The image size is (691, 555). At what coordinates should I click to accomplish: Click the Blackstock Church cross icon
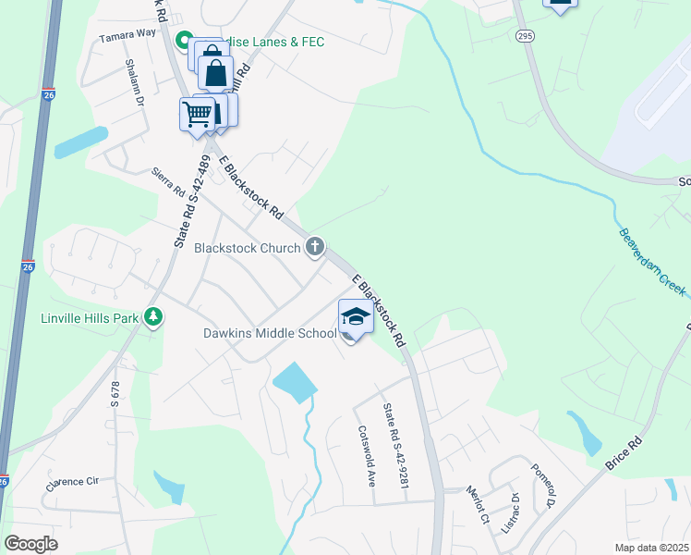(315, 247)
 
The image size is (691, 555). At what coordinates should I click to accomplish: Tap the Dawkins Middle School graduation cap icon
(356, 316)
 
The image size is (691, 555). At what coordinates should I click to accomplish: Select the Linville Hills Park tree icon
(153, 318)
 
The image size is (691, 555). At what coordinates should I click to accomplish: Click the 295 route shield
(525, 35)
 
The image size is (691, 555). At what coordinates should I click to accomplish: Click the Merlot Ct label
(478, 503)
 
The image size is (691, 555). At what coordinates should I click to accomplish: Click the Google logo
(30, 544)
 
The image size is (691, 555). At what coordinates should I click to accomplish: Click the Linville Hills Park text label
(90, 318)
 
